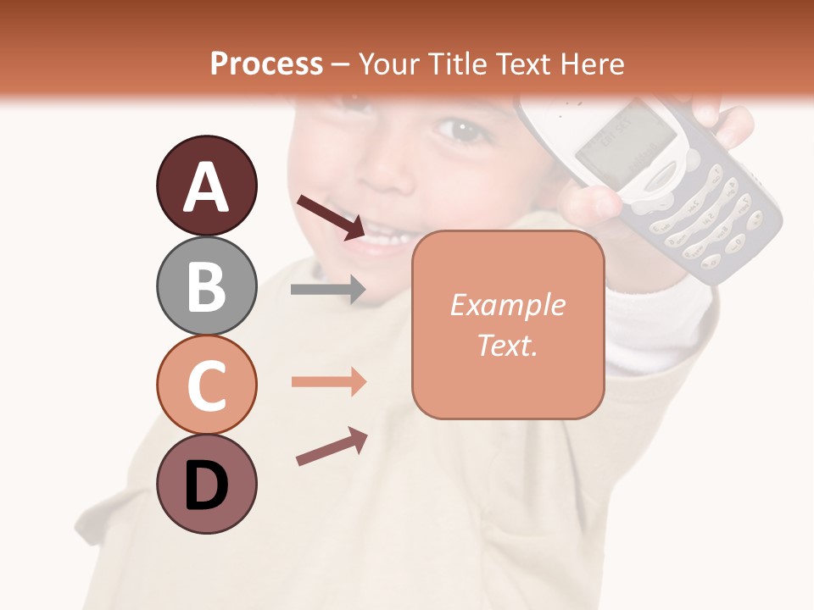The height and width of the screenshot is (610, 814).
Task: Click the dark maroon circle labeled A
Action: [206, 186]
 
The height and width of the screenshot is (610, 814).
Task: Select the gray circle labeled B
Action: [206, 286]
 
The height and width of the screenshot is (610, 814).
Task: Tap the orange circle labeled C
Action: [206, 385]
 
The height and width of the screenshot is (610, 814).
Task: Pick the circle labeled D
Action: [206, 484]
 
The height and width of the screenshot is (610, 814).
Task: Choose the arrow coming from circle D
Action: [332, 447]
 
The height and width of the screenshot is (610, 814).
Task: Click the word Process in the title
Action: [266, 64]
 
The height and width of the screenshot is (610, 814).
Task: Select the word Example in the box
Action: [507, 305]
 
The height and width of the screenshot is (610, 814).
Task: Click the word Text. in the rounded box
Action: [507, 345]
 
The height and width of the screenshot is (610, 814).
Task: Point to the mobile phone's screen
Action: [626, 139]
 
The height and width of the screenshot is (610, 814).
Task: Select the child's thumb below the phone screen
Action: [594, 203]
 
